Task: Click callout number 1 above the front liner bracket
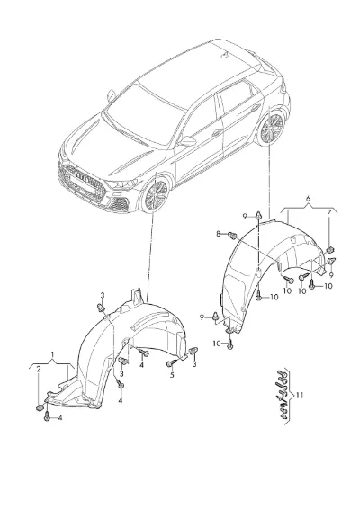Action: [x=52, y=354]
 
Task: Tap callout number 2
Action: [x=39, y=369]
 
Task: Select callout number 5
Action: [x=172, y=375]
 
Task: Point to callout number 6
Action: [x=309, y=199]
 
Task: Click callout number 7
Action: [x=328, y=213]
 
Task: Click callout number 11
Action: [x=300, y=396]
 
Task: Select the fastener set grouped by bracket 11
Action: [x=282, y=396]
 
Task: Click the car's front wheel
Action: [x=155, y=195]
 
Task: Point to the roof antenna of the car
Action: [x=224, y=55]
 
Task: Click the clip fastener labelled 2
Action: [x=40, y=407]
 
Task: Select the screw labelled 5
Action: [x=172, y=363]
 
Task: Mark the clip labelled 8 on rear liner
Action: [x=232, y=235]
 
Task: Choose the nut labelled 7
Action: [x=330, y=250]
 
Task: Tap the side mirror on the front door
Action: [x=188, y=141]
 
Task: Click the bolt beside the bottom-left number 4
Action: [x=47, y=416]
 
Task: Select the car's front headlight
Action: [x=122, y=184]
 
